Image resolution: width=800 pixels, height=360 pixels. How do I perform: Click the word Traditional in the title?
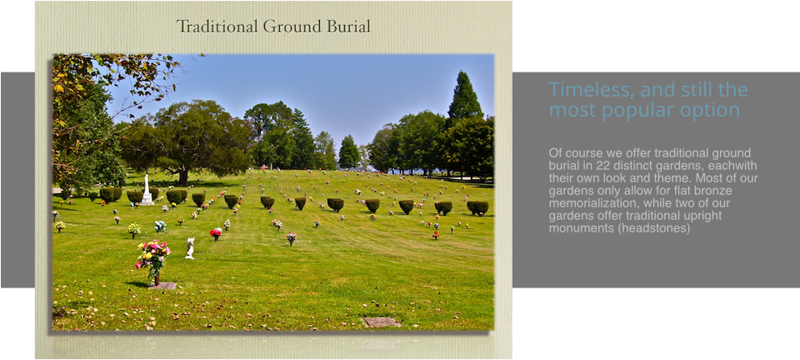point(217,26)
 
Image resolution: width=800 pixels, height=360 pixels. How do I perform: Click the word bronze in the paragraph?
point(716,191)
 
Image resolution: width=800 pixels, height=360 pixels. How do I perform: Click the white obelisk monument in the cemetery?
point(147,190)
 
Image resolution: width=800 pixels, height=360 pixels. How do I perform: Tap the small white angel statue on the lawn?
point(190,247)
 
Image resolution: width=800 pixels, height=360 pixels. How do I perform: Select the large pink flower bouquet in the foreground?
point(152,257)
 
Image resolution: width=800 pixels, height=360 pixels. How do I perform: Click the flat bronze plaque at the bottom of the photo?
point(381,322)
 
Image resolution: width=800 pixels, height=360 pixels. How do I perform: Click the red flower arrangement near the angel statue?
point(216,233)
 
